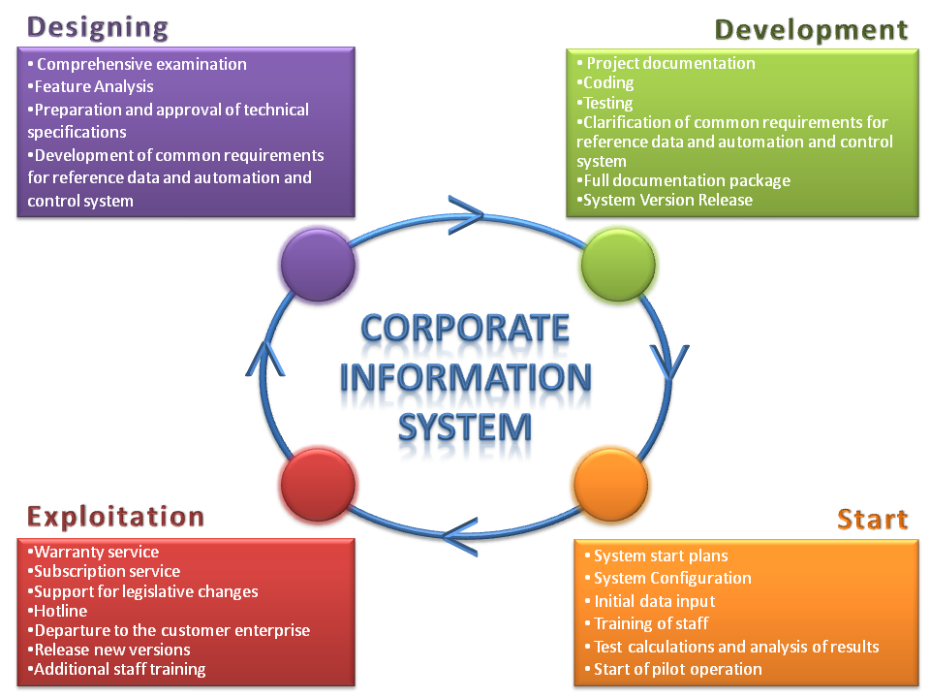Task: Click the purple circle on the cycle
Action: (x=318, y=265)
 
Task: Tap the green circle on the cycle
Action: (x=618, y=265)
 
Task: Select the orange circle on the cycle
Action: (x=611, y=485)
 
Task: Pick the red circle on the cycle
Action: (x=318, y=485)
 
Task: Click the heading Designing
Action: (x=98, y=28)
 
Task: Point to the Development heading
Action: (x=811, y=30)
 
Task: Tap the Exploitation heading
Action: (x=115, y=517)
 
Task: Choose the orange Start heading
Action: (x=873, y=519)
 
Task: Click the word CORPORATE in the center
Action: (x=465, y=328)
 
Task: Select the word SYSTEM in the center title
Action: (x=465, y=428)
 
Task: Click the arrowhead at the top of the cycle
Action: (x=466, y=215)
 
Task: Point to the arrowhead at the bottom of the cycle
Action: (x=460, y=536)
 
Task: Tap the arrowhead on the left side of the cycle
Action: (x=265, y=359)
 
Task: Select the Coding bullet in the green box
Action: (x=604, y=83)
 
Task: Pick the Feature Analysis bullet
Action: (x=90, y=86)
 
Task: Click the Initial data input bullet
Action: (x=649, y=601)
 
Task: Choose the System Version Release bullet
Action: (x=665, y=200)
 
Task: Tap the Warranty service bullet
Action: (x=93, y=552)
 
